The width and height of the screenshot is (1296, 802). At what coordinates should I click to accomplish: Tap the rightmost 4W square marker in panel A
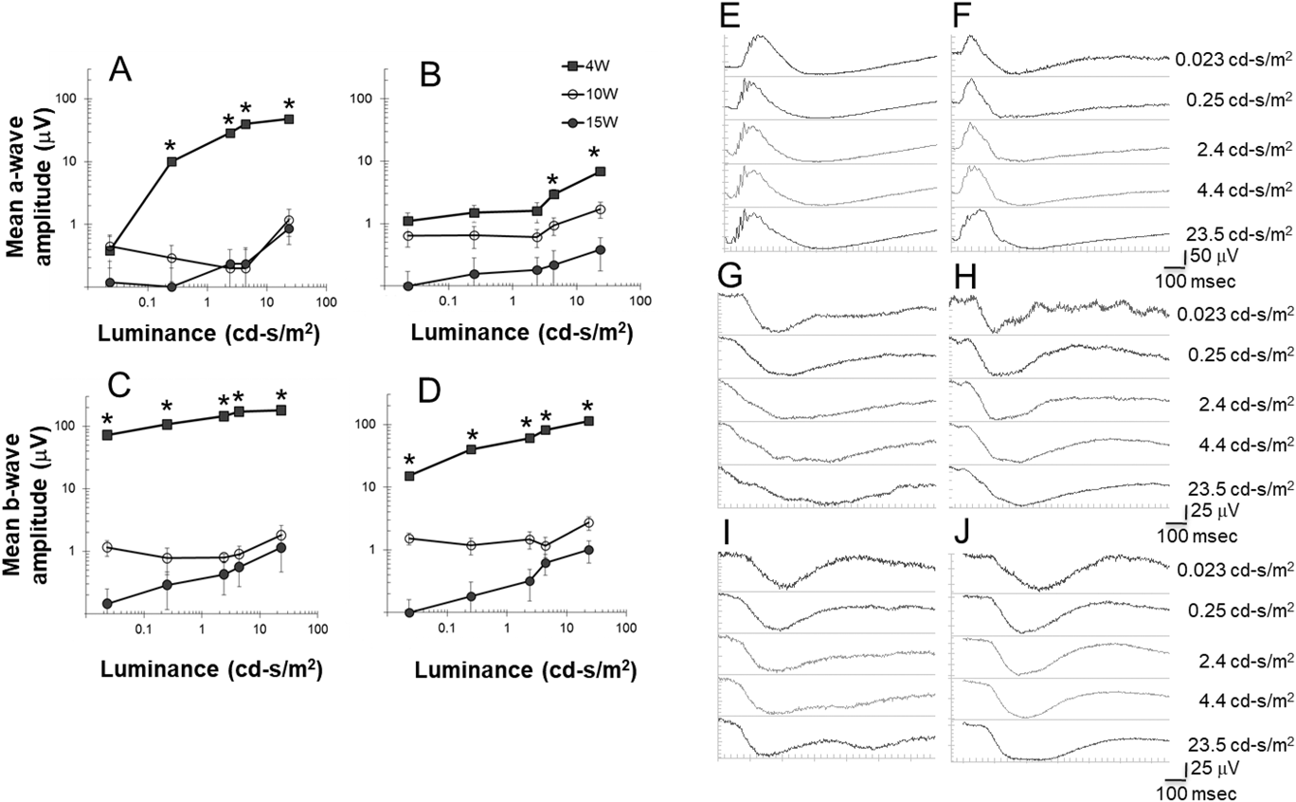[289, 119]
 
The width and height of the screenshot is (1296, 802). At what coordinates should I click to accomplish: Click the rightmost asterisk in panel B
[595, 153]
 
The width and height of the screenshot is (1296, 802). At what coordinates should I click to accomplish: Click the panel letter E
[728, 17]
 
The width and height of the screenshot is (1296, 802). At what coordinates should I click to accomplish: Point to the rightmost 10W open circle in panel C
[281, 535]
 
